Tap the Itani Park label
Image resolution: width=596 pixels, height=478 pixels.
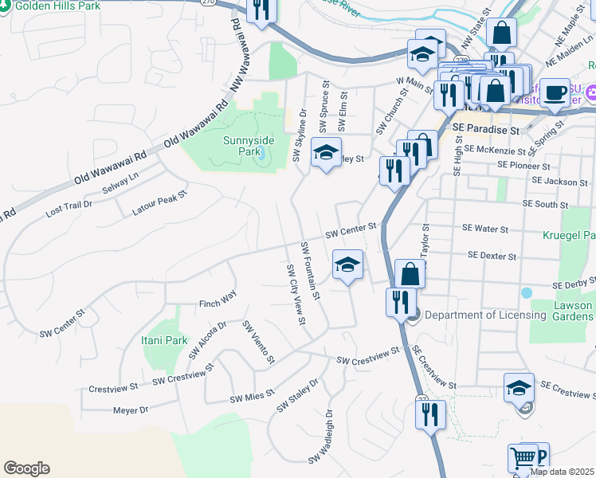tap(166, 340)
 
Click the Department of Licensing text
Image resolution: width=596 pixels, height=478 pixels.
tap(485, 315)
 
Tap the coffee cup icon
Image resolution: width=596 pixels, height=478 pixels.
tap(558, 92)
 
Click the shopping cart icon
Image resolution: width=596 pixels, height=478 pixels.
tap(523, 459)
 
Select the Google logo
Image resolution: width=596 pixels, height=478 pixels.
tap(26, 468)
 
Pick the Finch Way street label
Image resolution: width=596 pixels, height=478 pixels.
tap(218, 296)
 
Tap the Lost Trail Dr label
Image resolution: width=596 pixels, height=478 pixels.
tap(69, 210)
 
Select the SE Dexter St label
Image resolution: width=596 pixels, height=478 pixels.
tap(493, 256)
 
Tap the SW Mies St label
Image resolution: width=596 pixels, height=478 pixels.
tap(252, 395)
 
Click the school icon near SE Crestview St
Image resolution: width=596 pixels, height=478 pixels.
tap(519, 388)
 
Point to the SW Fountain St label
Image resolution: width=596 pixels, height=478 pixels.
tap(309, 271)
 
